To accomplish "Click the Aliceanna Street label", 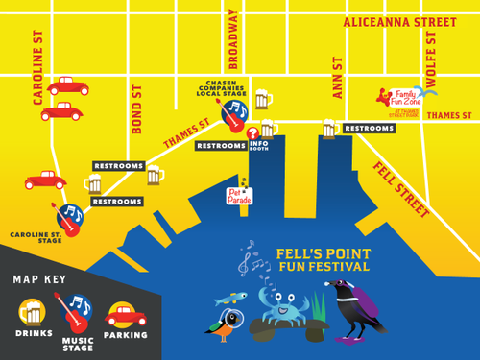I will (x=399, y=22).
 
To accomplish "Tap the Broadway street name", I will (x=232, y=42).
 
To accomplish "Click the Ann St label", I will (x=338, y=76).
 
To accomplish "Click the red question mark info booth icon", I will (x=253, y=133).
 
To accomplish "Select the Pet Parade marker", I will (x=239, y=195).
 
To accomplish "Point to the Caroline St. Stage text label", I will (x=36, y=237).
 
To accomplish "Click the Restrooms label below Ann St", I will (x=370, y=128).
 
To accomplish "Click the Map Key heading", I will (x=44, y=279).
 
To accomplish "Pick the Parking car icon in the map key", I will (x=126, y=314).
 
